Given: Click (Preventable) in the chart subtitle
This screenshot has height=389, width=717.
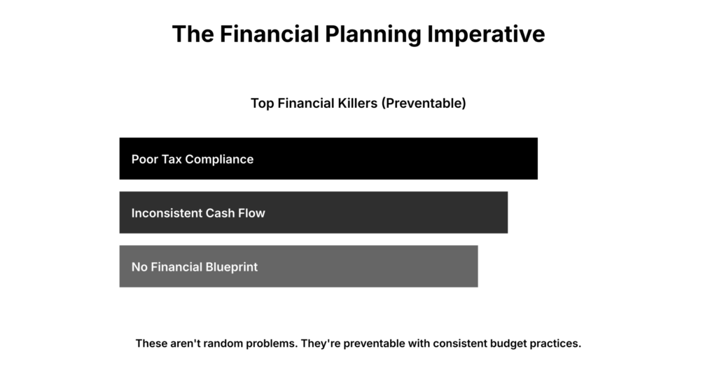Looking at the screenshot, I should (424, 103).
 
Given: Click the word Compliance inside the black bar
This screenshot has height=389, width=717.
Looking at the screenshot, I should (220, 159).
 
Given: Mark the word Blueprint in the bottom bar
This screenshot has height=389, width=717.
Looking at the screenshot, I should (232, 267).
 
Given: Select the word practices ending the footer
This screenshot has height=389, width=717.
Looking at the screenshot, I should (556, 344).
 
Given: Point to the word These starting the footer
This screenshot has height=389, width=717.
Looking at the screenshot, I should (151, 344).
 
